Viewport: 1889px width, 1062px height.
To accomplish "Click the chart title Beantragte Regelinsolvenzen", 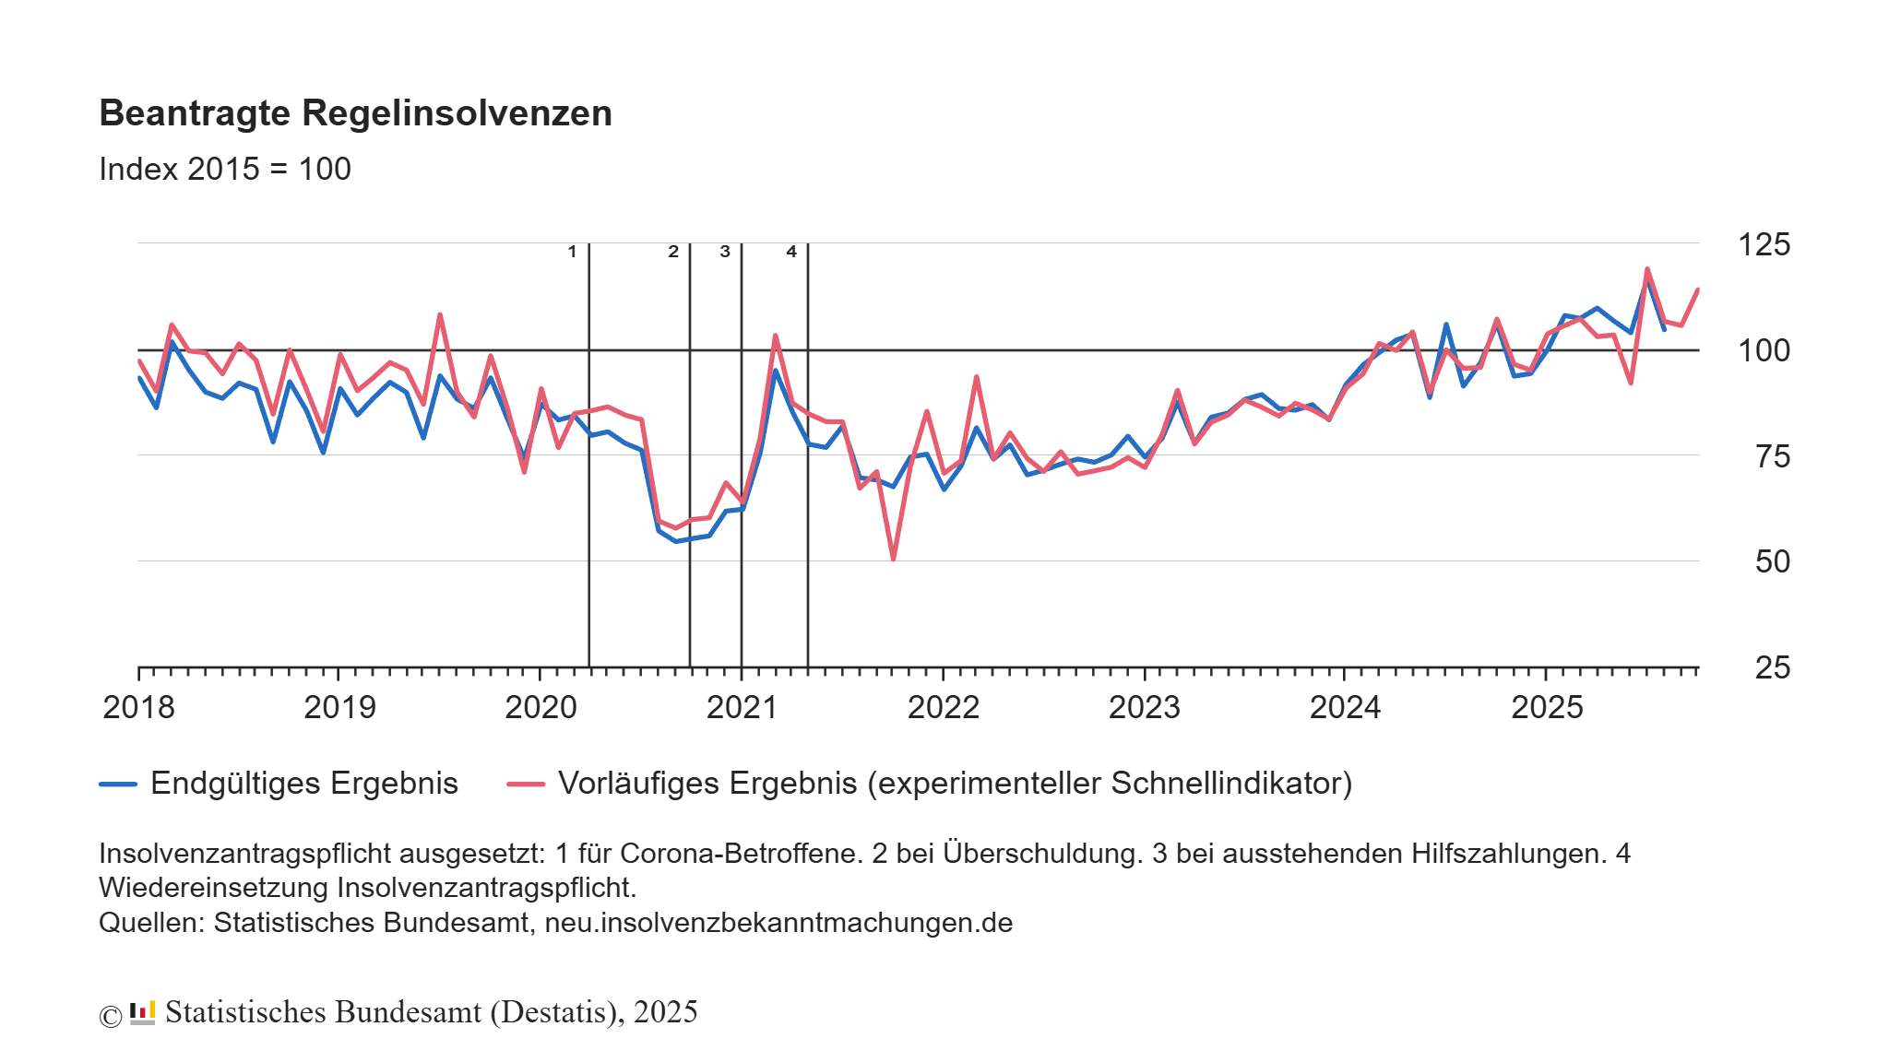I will point(355,113).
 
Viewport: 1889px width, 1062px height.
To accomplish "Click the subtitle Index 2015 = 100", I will point(224,170).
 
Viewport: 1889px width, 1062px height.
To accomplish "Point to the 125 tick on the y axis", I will point(1764,244).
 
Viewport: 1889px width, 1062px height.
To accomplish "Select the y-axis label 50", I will point(1772,561).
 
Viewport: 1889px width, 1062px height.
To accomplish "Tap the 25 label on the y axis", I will point(1772,667).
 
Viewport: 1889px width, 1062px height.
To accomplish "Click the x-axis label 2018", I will point(138,707).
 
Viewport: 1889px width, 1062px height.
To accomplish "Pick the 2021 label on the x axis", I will point(742,707).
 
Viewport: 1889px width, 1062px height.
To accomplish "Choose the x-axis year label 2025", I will point(1547,707).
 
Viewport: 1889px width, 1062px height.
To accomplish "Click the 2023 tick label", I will point(1144,707).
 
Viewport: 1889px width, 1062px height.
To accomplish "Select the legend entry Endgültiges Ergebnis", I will point(303,784).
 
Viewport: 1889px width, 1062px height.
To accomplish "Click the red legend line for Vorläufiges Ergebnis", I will point(526,785).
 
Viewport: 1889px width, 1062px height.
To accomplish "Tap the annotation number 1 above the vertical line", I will point(572,252).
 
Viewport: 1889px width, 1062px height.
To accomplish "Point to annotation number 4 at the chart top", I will point(791,252).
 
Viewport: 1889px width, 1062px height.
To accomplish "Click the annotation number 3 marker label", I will point(725,252).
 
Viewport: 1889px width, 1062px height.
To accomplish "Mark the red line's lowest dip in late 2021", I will point(893,559).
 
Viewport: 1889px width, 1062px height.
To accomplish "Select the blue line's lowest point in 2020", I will point(675,541).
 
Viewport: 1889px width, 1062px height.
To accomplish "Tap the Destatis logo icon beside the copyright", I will point(142,1012).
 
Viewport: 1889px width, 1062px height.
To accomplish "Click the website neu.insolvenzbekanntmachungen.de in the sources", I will point(778,923).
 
